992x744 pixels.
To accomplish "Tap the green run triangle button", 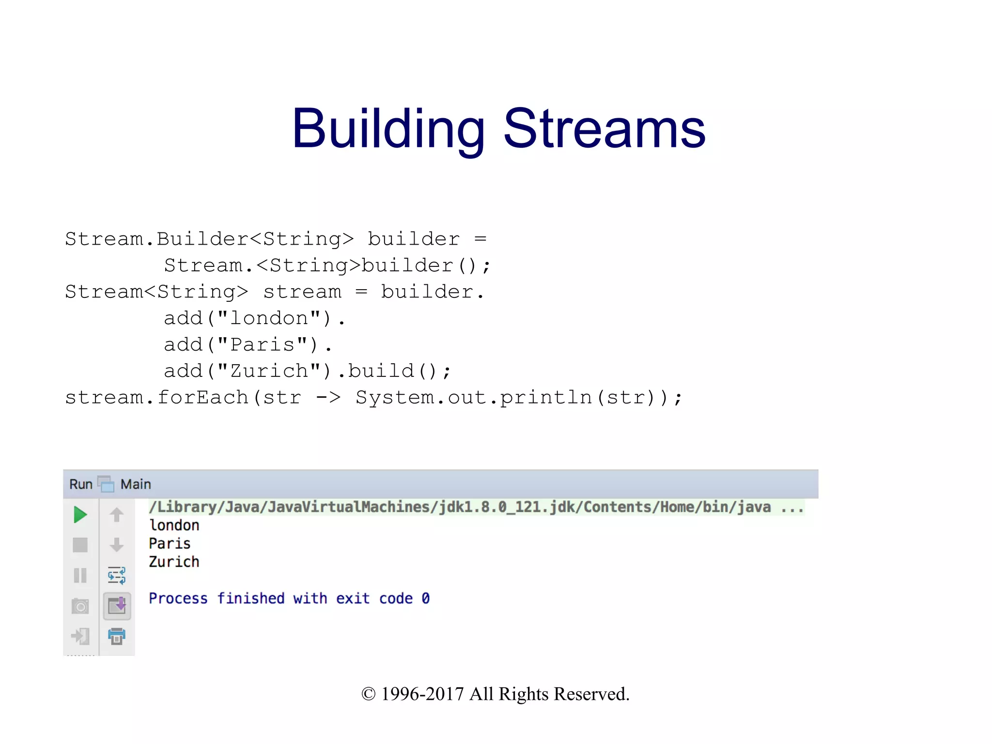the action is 80,514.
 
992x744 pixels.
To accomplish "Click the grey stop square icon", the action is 80,545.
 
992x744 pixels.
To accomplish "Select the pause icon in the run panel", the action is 80,575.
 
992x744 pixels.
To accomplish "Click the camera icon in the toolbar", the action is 80,606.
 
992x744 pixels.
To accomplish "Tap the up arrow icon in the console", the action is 117,514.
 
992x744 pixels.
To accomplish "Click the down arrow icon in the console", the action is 117,545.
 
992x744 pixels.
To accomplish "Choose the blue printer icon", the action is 117,636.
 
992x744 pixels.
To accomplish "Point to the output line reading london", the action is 174,525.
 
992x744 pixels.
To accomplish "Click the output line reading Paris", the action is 170,543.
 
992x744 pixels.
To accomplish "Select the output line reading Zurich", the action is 174,562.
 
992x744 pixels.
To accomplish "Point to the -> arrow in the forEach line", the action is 328,398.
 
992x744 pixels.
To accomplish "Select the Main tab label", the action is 136,484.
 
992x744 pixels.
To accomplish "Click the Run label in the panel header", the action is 81,484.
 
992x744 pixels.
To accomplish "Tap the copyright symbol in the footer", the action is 369,694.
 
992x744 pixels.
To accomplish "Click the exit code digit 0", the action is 425,599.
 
